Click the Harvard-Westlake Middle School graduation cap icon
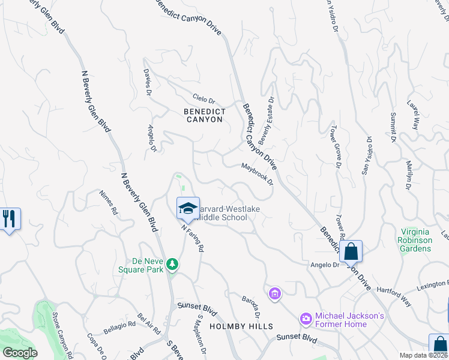click(188, 208)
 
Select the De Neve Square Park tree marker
click(172, 264)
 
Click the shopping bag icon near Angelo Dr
click(351, 252)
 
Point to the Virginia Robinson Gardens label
click(417, 240)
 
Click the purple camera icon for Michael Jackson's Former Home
click(306, 317)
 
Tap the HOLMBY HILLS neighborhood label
click(241, 326)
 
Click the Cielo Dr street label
click(203, 98)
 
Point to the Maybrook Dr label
click(258, 173)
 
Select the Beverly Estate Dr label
click(266, 116)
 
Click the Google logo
click(20, 353)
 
